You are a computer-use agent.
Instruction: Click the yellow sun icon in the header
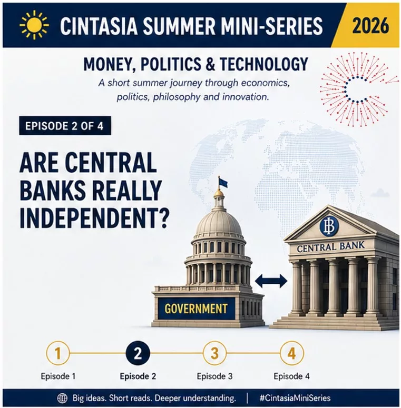34,25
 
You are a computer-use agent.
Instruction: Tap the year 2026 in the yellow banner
370,26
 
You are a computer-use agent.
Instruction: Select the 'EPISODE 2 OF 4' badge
65,126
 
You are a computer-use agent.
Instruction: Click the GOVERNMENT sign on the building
196,309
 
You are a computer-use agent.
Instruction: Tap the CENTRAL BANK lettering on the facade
331,247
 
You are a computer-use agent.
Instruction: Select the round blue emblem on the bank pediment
329,227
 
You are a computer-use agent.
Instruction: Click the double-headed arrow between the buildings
271,281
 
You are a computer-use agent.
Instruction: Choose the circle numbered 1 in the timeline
58,353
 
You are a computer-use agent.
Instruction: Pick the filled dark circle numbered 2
138,353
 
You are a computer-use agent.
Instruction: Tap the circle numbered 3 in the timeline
214,353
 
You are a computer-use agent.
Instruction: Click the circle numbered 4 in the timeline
291,353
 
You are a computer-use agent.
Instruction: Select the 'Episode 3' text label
214,376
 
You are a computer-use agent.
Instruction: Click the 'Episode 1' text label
58,376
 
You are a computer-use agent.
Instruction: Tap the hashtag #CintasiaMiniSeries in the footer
295,398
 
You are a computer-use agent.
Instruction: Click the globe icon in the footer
62,399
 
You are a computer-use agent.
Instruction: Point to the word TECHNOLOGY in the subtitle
264,64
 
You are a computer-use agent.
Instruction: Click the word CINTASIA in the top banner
99,26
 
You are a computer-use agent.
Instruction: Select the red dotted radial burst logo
357,89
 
